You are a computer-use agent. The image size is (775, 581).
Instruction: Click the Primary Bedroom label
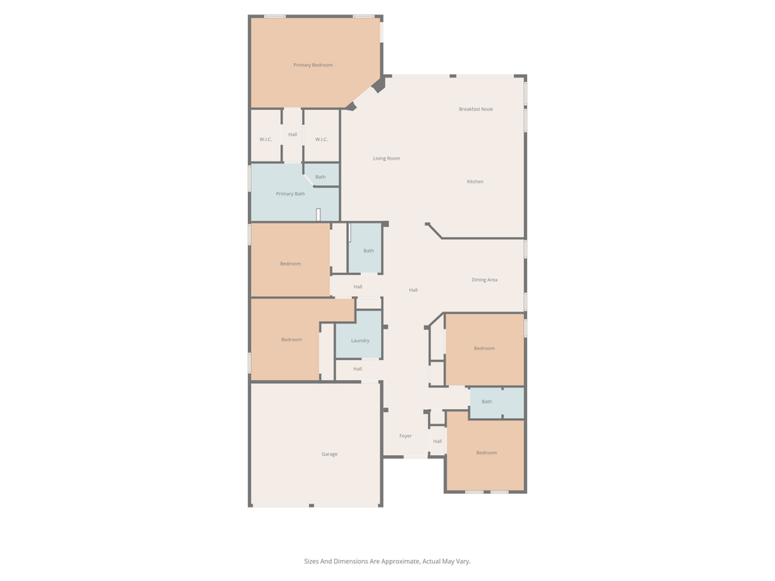click(x=312, y=65)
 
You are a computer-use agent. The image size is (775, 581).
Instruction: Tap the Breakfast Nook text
click(x=475, y=109)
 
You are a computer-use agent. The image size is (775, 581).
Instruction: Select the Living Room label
click(x=386, y=158)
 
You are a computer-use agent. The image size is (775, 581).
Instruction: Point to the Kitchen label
click(x=475, y=182)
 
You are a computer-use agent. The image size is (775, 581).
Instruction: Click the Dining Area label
click(x=484, y=280)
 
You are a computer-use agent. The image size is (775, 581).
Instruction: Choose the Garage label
click(x=329, y=454)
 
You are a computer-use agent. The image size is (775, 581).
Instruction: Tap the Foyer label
click(x=405, y=436)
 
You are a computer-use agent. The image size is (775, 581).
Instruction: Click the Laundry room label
click(x=360, y=341)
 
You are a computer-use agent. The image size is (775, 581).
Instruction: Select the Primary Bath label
click(x=290, y=194)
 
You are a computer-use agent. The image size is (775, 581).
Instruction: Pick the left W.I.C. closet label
click(x=266, y=140)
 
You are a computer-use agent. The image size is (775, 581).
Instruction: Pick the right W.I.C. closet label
click(x=321, y=140)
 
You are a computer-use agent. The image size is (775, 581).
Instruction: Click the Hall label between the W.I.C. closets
click(x=292, y=134)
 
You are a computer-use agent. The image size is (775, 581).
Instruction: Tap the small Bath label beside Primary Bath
click(x=320, y=177)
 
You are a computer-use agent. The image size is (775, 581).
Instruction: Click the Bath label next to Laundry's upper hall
click(x=368, y=251)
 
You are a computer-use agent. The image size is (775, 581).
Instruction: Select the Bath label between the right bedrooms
click(x=486, y=401)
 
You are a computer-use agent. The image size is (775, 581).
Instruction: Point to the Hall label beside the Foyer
click(x=438, y=441)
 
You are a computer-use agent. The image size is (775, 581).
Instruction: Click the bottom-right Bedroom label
click(x=486, y=453)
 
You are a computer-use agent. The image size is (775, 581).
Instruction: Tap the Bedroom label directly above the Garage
click(x=291, y=340)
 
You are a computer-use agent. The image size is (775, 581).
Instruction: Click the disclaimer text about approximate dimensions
click(x=387, y=561)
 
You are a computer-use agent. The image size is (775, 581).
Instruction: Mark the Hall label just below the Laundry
click(x=357, y=369)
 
